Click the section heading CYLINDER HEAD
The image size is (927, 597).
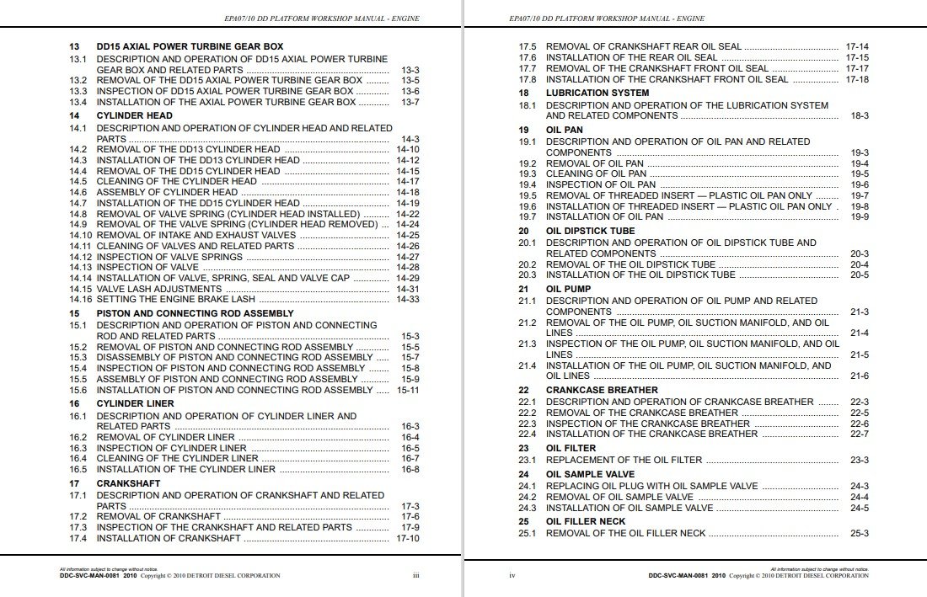(x=134, y=115)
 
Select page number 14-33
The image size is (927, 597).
(x=408, y=299)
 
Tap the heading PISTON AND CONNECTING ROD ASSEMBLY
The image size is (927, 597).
(x=195, y=313)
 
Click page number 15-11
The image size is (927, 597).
(x=408, y=390)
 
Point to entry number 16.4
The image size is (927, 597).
(x=78, y=458)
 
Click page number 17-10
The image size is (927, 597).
(x=408, y=538)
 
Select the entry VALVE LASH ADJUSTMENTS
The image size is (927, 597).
(x=159, y=289)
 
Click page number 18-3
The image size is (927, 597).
(x=860, y=115)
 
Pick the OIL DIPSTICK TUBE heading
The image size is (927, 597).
(x=590, y=231)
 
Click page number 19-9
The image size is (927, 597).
(x=860, y=216)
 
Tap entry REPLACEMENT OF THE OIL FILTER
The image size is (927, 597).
(x=624, y=460)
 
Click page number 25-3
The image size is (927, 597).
(x=860, y=533)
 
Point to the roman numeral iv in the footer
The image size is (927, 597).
(x=512, y=576)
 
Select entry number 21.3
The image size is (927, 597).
(x=528, y=344)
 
